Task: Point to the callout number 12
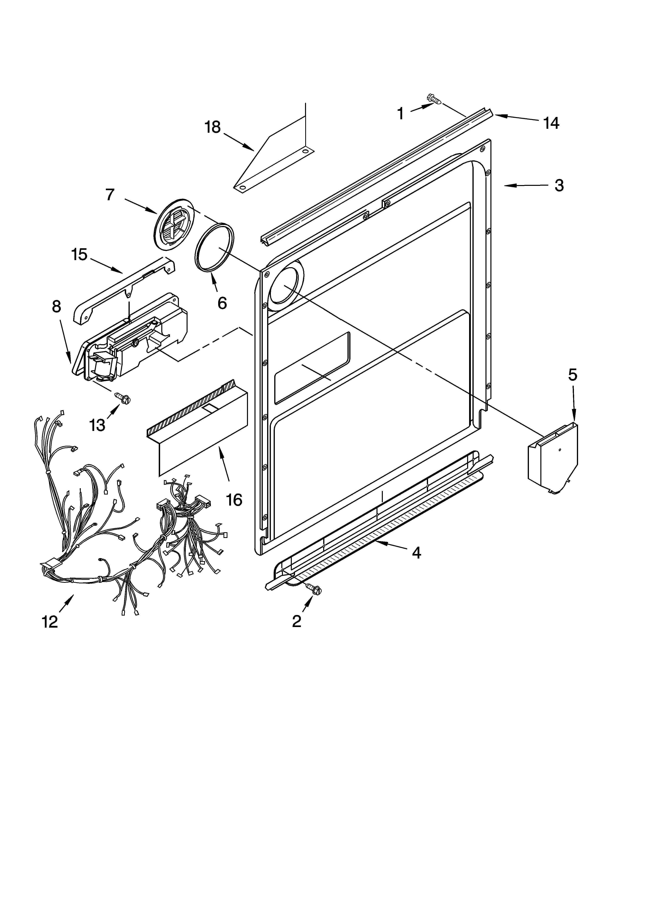point(50,622)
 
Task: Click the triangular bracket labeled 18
point(274,165)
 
